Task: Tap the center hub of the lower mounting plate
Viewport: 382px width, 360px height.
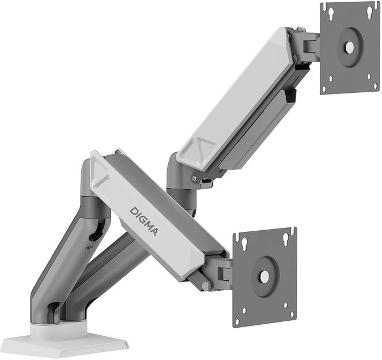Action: [x=264, y=277]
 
